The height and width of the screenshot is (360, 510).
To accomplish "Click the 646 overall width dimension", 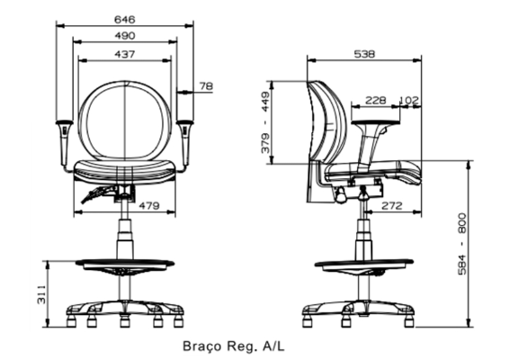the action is [124, 20].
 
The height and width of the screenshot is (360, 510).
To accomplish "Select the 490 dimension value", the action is [125, 35].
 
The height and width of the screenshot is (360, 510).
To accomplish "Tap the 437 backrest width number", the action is [124, 54].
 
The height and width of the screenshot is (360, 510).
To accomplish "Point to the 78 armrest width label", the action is [206, 86].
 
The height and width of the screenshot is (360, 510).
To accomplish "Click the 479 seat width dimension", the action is [149, 206].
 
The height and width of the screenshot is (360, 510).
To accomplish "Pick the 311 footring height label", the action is [41, 294].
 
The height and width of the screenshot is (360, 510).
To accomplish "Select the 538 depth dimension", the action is [364, 54].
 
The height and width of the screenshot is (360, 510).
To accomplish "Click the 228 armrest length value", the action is [376, 100].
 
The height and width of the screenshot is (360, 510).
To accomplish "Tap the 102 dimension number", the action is [409, 100].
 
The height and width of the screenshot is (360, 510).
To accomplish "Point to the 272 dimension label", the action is [392, 206].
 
